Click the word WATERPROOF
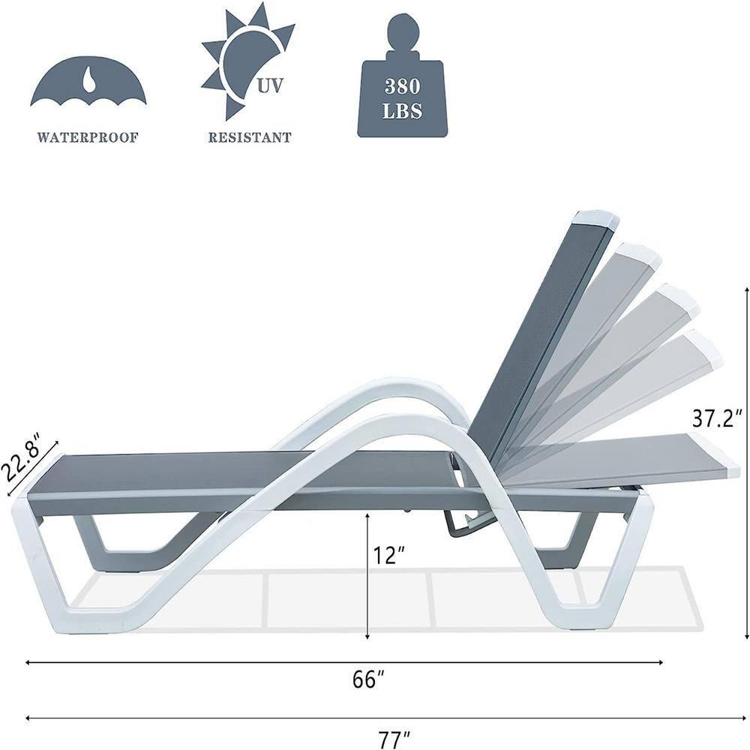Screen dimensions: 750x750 coord(88,138)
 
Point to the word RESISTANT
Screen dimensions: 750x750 coord(250,138)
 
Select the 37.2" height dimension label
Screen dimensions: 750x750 coord(718,418)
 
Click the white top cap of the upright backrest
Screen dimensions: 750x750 coord(595,220)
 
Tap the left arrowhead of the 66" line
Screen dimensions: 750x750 coord(29,662)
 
